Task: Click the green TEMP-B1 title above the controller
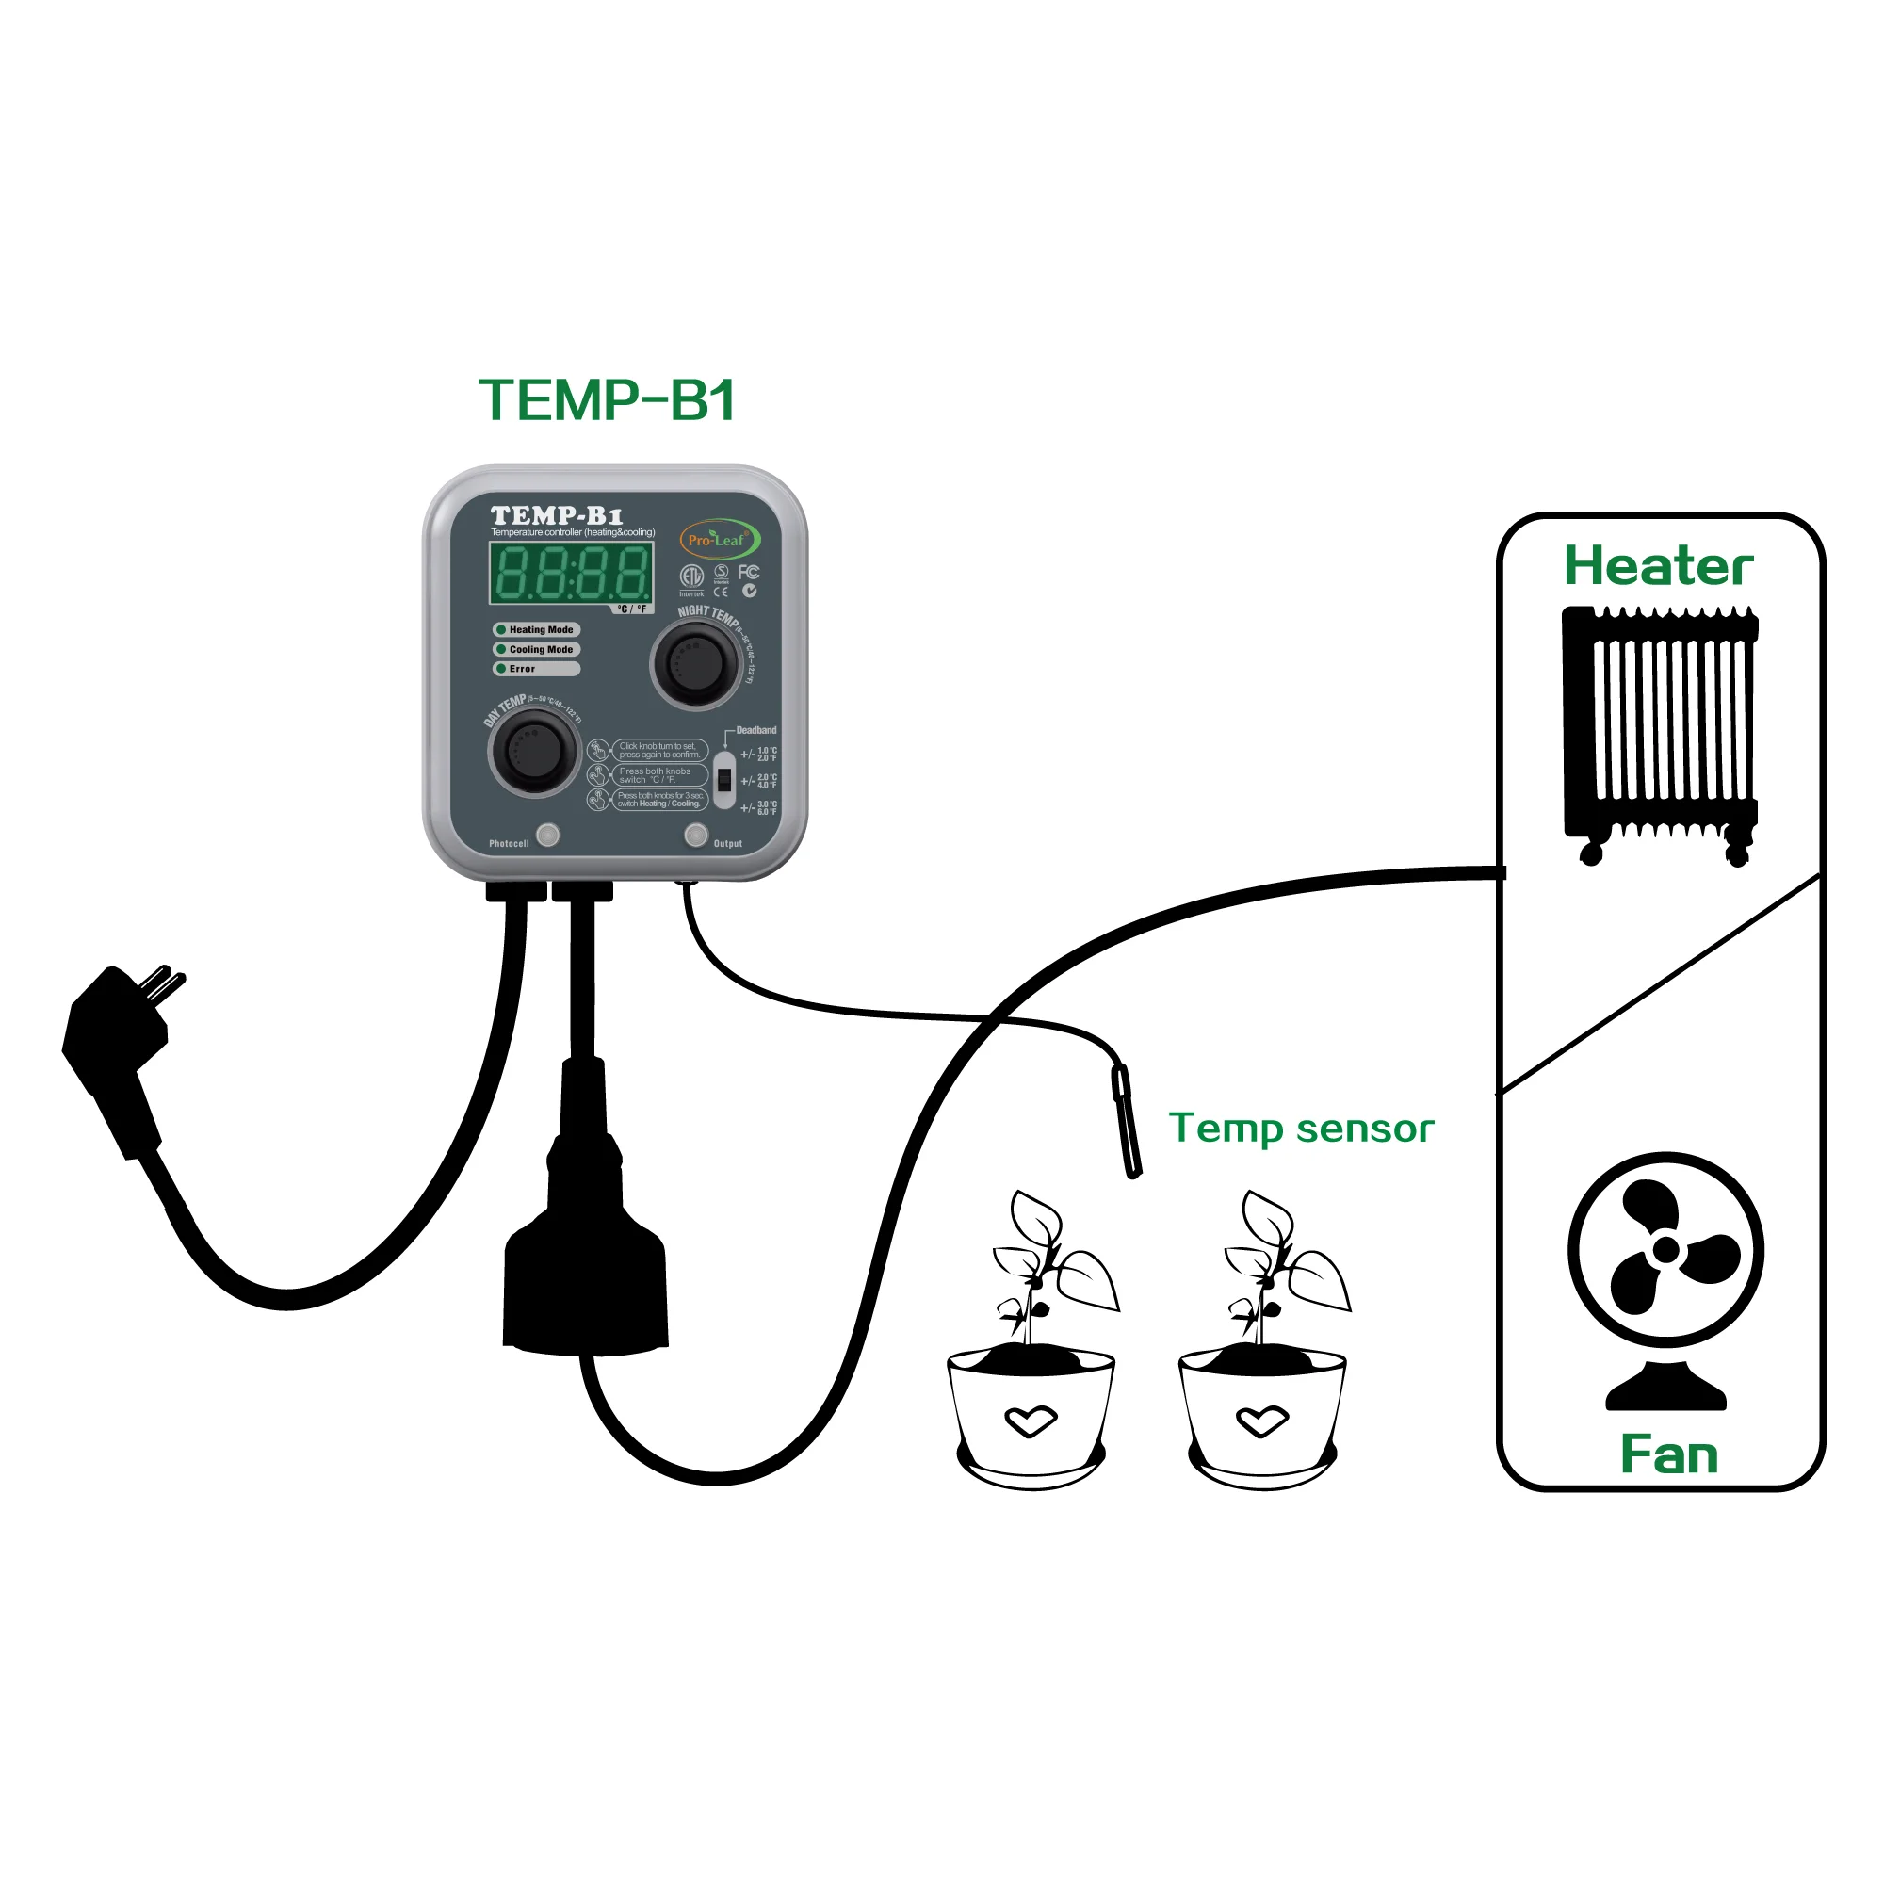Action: coord(607,399)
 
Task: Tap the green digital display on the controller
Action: coord(572,573)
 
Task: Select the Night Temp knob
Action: coord(695,664)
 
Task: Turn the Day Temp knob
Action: coord(533,752)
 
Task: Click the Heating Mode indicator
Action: coord(536,630)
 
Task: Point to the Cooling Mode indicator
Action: coord(536,649)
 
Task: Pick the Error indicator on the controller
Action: coord(536,669)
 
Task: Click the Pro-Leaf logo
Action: coord(719,539)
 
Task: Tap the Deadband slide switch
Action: coord(723,780)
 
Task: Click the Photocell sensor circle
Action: coord(548,835)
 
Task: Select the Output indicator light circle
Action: coord(695,835)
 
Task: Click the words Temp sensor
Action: coord(1301,1129)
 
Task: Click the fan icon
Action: coord(1665,1268)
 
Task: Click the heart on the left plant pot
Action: coord(1031,1421)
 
